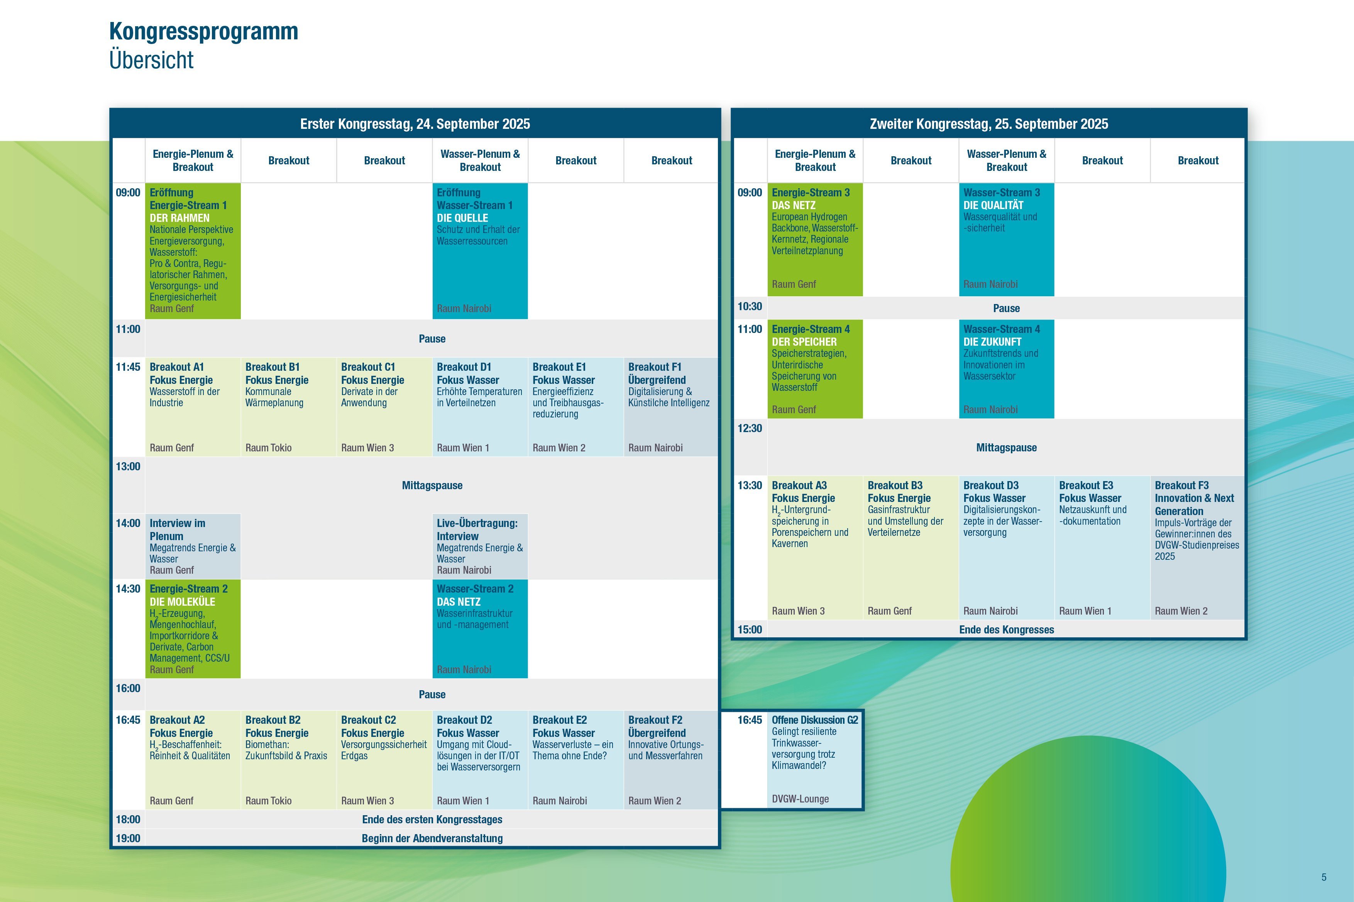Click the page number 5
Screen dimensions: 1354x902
[x=1324, y=877]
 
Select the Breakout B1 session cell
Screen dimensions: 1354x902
[x=288, y=407]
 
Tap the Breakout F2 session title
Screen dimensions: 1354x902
[x=655, y=720]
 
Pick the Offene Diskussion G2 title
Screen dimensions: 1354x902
[x=815, y=720]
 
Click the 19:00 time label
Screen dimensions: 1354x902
[x=128, y=838]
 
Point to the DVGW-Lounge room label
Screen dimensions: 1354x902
[x=801, y=799]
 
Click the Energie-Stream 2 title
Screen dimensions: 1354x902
[x=189, y=588]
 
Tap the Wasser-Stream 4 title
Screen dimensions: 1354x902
[x=1002, y=329]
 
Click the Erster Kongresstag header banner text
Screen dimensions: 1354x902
[x=415, y=124]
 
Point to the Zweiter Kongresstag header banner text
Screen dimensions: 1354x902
[x=988, y=124]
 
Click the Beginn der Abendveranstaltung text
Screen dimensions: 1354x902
[x=432, y=838]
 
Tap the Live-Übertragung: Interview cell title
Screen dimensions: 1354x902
[x=477, y=529]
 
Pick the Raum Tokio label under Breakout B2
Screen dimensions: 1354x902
[x=268, y=801]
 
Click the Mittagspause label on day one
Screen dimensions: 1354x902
[x=432, y=485]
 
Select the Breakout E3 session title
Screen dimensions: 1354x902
[x=1086, y=485]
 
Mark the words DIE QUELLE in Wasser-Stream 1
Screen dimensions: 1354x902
[x=462, y=218]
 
